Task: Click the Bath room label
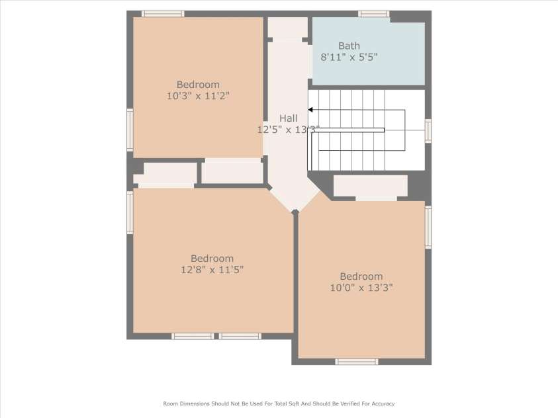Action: coord(349,46)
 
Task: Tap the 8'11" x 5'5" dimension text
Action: coord(349,58)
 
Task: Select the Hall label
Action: coord(288,118)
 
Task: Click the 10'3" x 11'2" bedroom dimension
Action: coord(198,96)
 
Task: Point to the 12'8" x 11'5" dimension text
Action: coord(212,270)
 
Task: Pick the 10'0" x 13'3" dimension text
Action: coord(361,288)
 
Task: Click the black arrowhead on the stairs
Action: coord(310,110)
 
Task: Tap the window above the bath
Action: coord(374,14)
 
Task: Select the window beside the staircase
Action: coord(428,131)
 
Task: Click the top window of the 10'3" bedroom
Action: coord(163,14)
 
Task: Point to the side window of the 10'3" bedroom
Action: coord(130,130)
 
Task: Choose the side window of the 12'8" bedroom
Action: coord(130,212)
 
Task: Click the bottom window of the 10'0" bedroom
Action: coord(357,362)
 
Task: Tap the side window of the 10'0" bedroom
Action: coord(428,227)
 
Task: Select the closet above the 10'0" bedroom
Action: coord(371,186)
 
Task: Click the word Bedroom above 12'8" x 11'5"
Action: coord(212,259)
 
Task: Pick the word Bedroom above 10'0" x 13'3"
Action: coord(361,276)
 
